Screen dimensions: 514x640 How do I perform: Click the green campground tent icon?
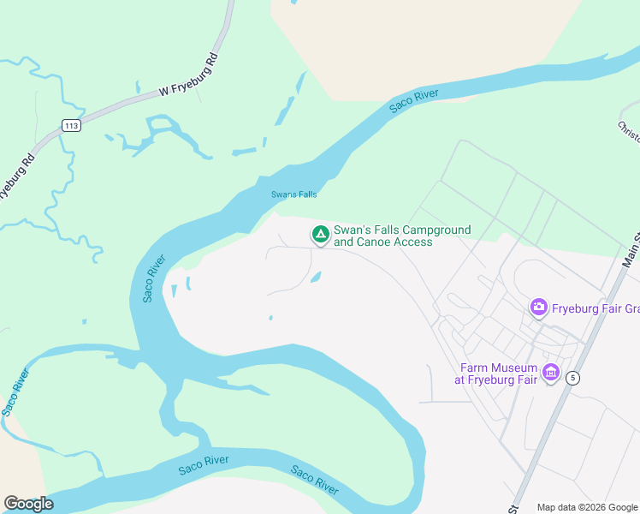pos(320,233)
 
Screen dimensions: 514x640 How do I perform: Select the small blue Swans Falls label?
pos(294,194)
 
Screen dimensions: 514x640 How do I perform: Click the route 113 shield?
pos(71,125)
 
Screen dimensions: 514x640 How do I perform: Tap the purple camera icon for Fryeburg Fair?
pos(538,306)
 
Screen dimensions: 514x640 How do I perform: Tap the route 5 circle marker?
pos(572,377)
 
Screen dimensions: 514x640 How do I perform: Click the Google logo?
pos(28,503)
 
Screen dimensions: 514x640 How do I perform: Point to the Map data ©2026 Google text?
pos(587,507)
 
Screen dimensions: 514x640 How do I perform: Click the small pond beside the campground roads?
pos(316,278)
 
